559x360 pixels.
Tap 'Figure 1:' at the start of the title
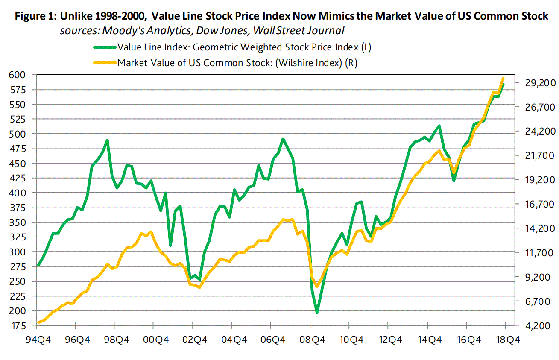pyautogui.click(x=35, y=17)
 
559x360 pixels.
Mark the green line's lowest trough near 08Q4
pyautogui.click(x=317, y=313)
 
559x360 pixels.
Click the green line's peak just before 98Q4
pyautogui.click(x=107, y=140)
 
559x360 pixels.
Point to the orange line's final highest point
pyautogui.click(x=503, y=78)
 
